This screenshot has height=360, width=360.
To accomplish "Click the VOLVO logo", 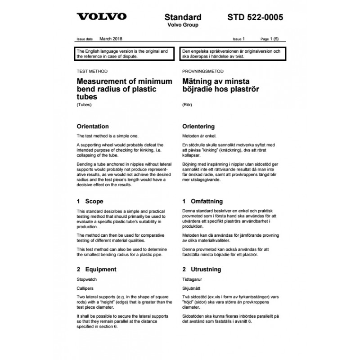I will point(101,18).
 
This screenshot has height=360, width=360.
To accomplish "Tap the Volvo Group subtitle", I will point(183,25).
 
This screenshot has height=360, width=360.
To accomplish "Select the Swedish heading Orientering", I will point(198,126).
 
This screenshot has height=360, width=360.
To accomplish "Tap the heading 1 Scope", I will point(90,201).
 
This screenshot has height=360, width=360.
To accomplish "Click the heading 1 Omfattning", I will point(202,201).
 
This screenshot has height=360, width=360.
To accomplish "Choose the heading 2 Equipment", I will point(97,269).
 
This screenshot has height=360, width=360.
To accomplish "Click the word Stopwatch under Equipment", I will point(87,279).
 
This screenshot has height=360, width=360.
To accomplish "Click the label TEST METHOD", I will point(92,72).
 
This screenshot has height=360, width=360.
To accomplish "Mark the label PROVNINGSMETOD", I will point(202,72).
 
